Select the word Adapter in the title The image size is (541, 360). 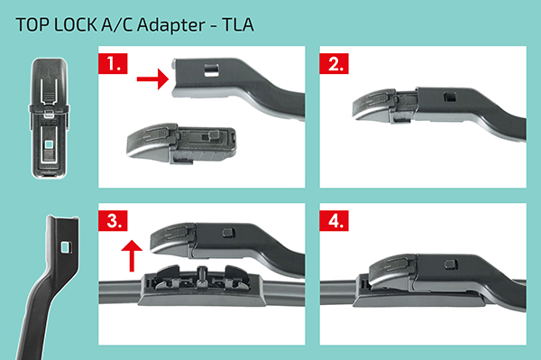(171, 25)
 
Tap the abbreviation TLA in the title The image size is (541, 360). (238, 24)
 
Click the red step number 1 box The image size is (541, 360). (113, 63)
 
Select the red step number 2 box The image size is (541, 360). (334, 63)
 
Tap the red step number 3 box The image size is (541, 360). (113, 220)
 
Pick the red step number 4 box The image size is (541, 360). (334, 220)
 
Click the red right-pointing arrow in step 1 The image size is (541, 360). (152, 79)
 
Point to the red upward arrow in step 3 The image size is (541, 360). (132, 255)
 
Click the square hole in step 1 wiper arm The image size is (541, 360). (211, 70)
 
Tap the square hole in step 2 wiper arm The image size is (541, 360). (450, 97)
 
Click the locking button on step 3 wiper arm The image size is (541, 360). (228, 232)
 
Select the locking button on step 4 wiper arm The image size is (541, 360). (451, 264)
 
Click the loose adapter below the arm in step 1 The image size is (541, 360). (182, 143)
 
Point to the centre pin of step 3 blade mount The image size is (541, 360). (202, 273)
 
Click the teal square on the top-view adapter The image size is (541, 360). (49, 143)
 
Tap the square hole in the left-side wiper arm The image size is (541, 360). (65, 247)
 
